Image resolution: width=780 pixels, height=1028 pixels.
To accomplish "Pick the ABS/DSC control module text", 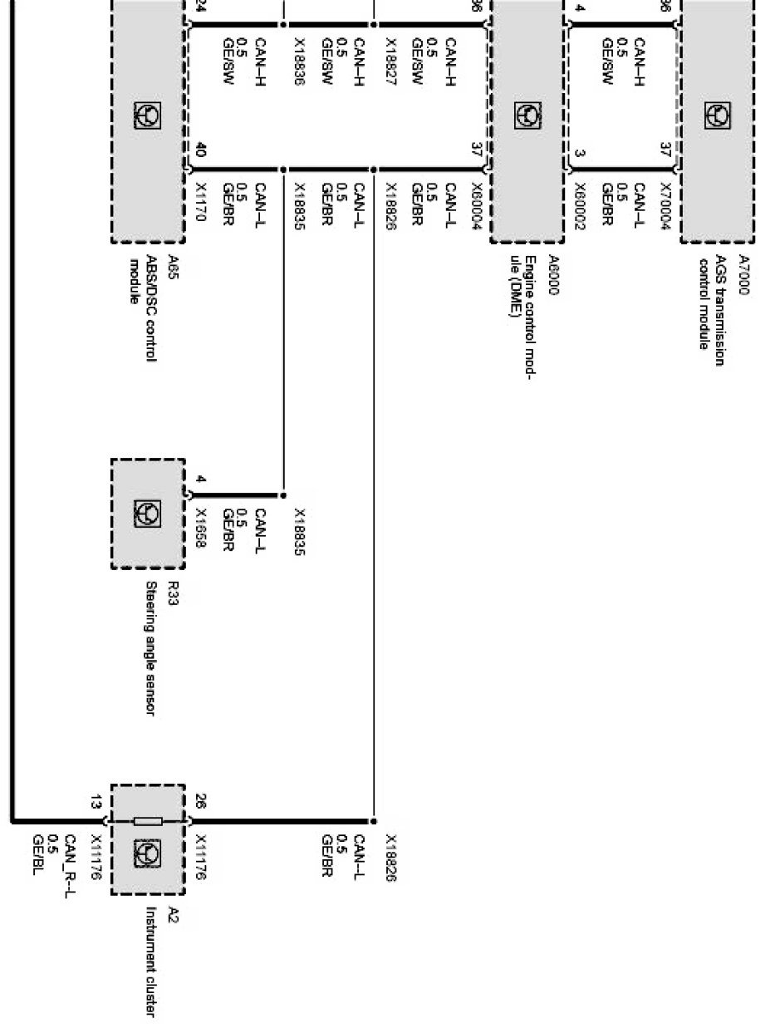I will tap(145, 307).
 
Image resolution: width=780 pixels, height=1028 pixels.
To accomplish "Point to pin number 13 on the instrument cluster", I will tap(97, 802).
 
